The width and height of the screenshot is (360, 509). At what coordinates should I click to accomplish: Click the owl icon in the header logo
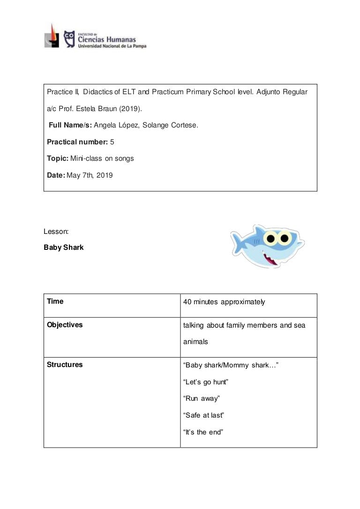69,38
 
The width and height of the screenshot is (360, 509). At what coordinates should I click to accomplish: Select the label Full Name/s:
70,125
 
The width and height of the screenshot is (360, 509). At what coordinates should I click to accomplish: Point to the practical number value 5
112,142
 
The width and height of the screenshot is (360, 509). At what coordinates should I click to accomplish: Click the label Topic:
58,158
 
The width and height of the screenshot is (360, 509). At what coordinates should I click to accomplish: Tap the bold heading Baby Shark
64,247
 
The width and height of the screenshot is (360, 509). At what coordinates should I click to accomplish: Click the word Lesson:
56,231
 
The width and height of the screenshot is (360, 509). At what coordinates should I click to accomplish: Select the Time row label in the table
55,301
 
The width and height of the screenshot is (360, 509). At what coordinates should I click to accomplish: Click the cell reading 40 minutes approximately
224,302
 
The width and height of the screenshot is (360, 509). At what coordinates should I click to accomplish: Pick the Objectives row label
65,325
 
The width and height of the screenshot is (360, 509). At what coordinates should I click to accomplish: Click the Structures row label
65,365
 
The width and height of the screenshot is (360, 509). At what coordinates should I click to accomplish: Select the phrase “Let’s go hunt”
205,382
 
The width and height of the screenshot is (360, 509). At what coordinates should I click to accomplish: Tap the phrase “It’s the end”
203,432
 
